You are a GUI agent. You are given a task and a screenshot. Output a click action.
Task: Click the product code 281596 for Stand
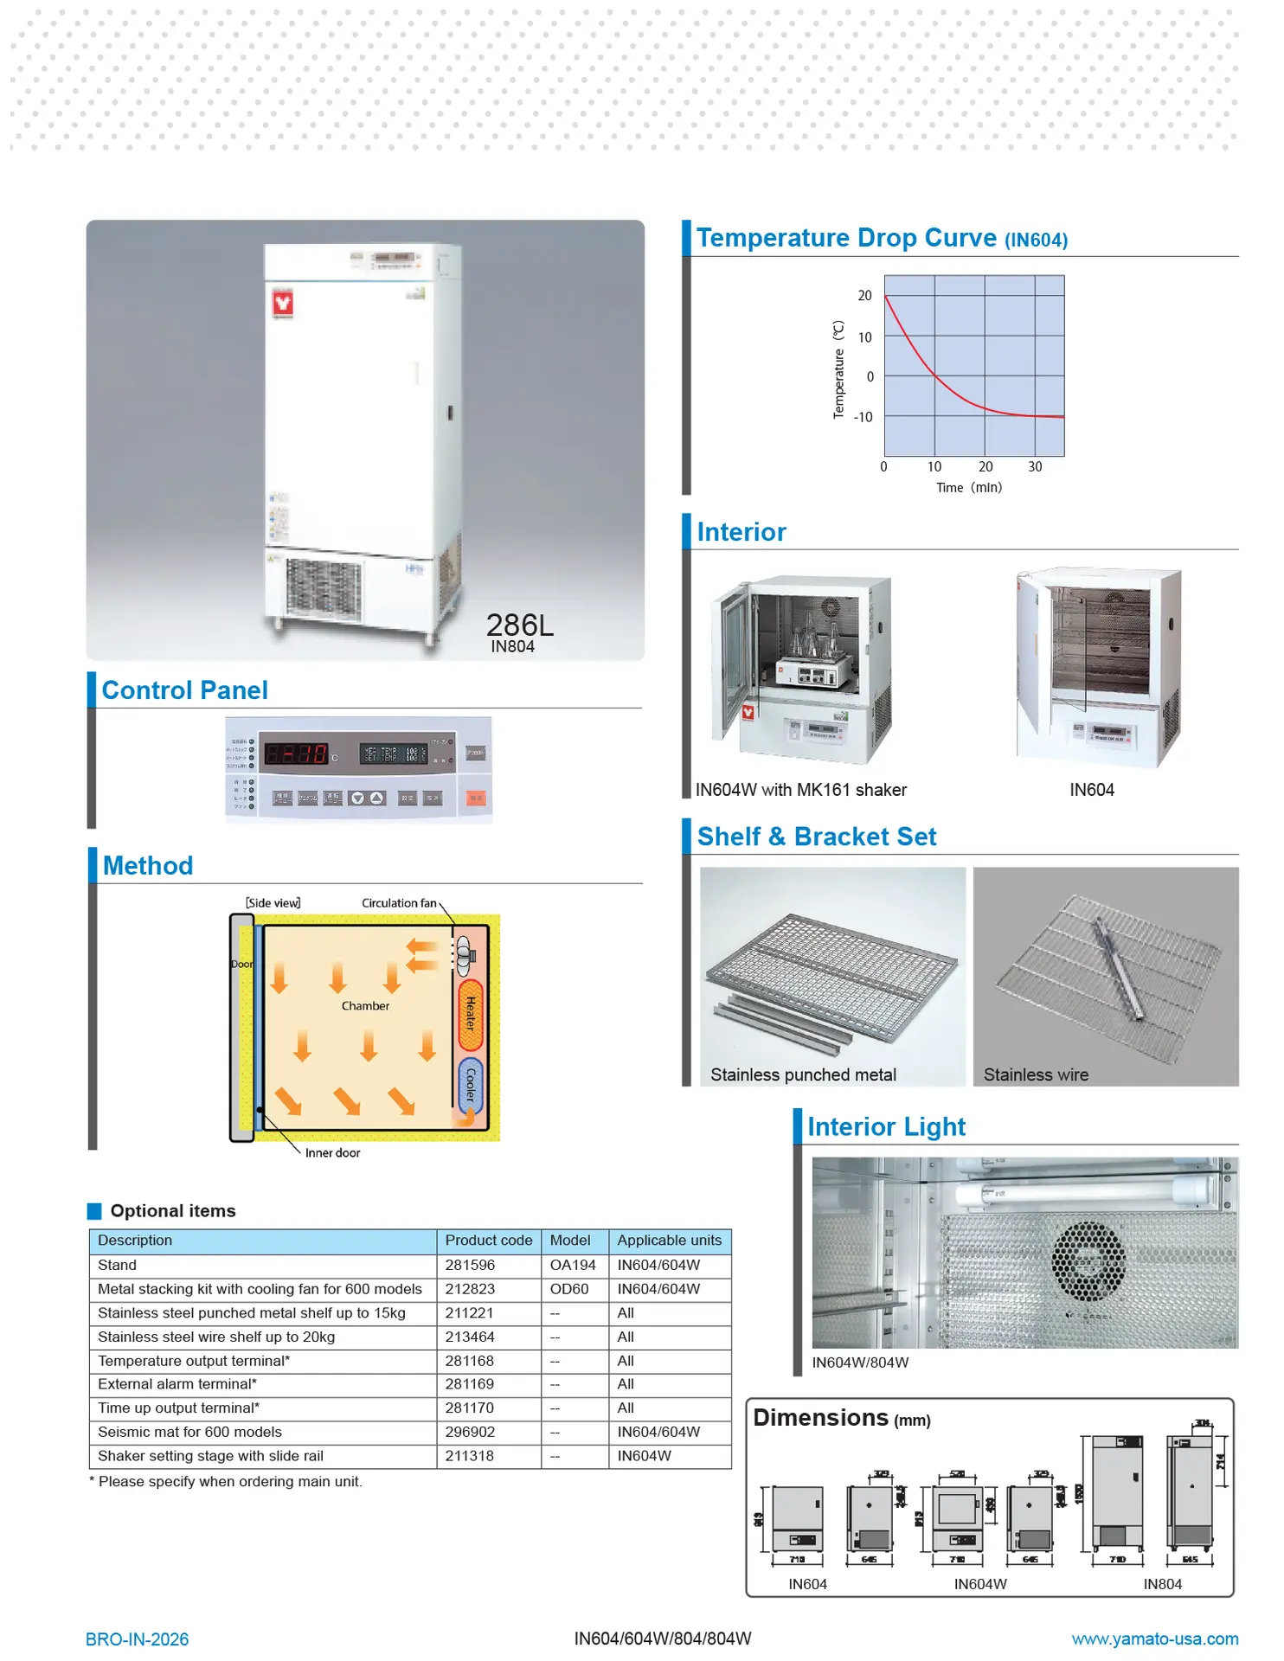(470, 1265)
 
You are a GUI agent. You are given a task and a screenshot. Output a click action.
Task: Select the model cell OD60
(569, 1289)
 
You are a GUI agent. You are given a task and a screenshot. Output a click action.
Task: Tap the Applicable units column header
(669, 1241)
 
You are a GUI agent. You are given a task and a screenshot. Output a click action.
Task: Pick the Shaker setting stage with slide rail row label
(210, 1456)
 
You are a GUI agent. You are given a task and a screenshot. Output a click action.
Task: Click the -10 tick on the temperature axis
(863, 417)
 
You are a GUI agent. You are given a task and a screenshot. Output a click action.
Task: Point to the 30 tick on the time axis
(1035, 467)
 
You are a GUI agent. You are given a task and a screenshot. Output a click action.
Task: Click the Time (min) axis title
(969, 488)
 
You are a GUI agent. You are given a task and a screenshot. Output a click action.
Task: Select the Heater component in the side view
(470, 1014)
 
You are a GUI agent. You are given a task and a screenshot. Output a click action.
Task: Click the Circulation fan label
(399, 903)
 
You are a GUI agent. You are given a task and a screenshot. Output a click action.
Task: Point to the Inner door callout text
(332, 1153)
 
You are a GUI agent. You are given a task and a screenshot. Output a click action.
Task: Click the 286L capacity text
(519, 625)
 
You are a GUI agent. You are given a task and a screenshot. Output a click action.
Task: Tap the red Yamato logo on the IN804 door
(283, 303)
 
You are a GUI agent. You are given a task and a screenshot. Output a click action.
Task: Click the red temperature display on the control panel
(296, 754)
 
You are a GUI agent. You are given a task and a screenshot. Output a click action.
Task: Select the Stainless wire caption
(1036, 1075)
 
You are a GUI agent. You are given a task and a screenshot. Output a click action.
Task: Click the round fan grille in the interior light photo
(1088, 1261)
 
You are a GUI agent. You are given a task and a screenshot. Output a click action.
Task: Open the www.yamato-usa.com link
(1154, 1639)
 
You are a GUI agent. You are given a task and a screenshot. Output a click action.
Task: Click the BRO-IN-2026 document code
(137, 1639)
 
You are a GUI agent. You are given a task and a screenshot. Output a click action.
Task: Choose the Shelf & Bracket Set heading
(816, 837)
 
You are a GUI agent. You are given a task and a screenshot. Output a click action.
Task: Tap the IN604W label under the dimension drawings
(980, 1584)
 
